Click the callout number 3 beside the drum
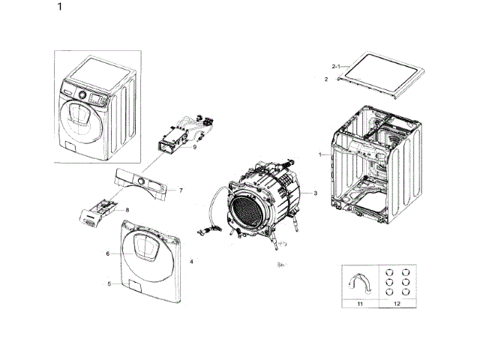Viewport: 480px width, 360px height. (315, 193)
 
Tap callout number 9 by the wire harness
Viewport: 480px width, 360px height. (194, 147)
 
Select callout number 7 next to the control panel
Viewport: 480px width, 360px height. (181, 190)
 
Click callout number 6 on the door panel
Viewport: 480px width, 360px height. (108, 253)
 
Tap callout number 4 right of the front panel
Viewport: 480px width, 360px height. (192, 260)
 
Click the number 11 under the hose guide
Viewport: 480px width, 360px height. (359, 305)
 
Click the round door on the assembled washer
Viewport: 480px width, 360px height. (76, 115)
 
